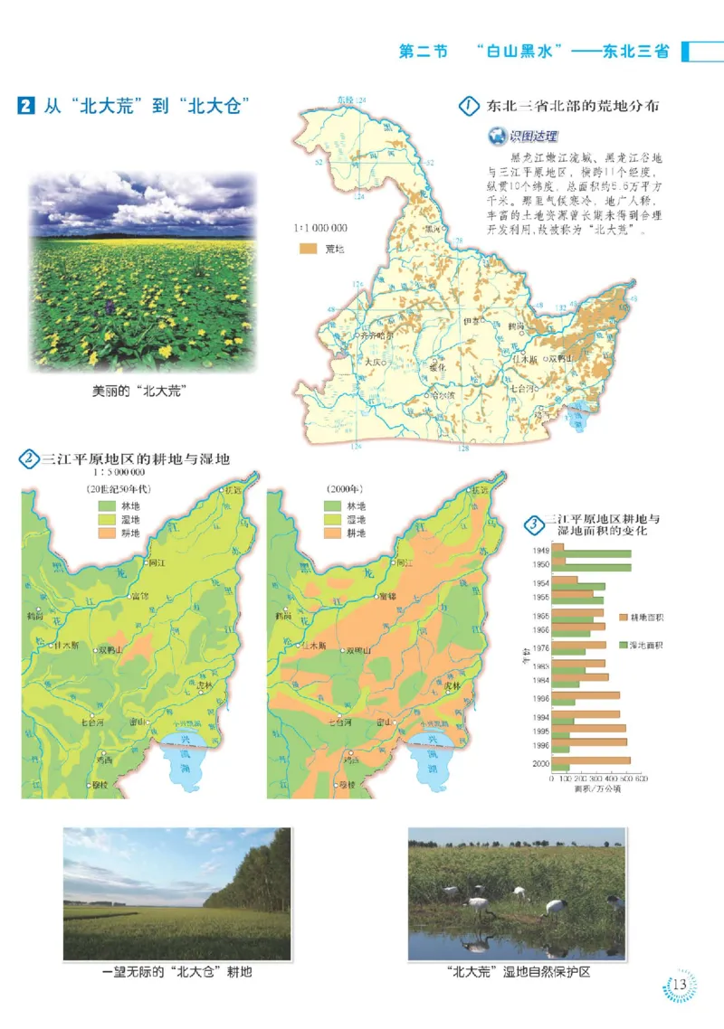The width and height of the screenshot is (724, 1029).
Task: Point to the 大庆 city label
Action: [x=375, y=362]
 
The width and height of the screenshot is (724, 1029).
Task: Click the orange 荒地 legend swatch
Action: [x=308, y=248]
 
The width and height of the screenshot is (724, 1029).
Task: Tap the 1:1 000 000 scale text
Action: [x=320, y=229]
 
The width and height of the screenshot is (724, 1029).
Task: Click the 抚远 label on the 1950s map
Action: [x=234, y=490]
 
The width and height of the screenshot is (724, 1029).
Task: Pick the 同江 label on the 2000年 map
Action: [x=404, y=563]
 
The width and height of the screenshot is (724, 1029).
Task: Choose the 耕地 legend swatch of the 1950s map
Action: [x=107, y=533]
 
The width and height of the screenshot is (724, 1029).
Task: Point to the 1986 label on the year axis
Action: [x=540, y=698]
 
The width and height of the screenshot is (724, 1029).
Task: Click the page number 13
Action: [x=680, y=985]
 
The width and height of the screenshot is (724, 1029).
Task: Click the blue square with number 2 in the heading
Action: [x=25, y=106]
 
